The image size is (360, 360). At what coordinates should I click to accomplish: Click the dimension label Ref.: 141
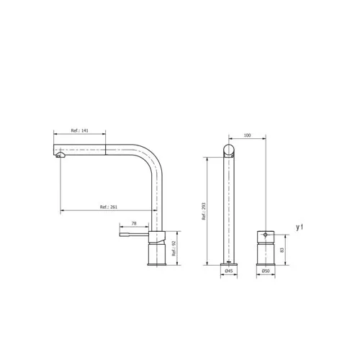pos(79,130)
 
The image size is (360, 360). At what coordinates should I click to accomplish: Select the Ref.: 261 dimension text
pos(109,207)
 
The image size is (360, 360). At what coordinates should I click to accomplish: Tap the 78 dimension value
pos(134,223)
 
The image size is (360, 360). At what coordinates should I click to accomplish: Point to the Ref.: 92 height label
pos(174,248)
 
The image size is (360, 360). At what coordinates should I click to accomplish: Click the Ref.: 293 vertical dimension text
pos(204,211)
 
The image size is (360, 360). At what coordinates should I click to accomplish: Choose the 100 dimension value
pos(247,135)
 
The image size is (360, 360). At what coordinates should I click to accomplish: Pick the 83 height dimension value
pos(282,250)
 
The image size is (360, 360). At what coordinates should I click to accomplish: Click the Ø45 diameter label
pos(229,271)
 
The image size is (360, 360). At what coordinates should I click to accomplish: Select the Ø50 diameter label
pos(266,271)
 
